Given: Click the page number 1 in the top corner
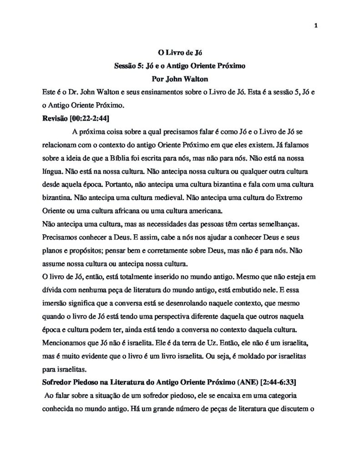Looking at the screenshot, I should click(x=315, y=25).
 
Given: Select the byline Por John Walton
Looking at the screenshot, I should click(x=180, y=78).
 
